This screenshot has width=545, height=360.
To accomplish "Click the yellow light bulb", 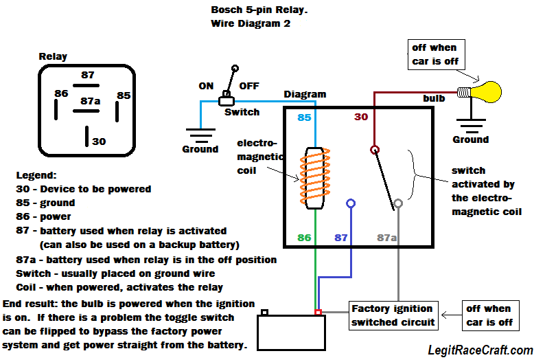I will [x=486, y=91].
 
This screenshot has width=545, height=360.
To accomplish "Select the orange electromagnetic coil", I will [x=314, y=177].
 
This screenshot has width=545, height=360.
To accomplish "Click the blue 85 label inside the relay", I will [x=305, y=118].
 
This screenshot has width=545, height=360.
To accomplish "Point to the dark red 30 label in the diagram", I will [x=361, y=117].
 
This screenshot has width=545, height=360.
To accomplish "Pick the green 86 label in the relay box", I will [x=305, y=238].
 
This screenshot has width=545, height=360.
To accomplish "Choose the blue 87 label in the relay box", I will [x=341, y=238].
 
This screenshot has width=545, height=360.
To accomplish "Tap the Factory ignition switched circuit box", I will [x=392, y=315].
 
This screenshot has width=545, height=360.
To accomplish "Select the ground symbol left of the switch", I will [x=200, y=135].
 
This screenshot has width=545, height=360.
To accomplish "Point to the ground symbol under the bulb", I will [x=470, y=126].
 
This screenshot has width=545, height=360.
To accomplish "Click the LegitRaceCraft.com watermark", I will [x=480, y=350].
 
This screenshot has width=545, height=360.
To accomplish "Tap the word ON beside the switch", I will [x=206, y=86].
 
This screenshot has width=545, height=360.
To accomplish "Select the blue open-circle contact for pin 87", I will [x=351, y=204].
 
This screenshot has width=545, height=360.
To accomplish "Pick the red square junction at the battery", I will [x=318, y=313].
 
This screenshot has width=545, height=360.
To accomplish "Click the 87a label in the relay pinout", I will [x=91, y=102].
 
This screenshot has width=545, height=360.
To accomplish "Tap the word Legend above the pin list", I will [x=36, y=176].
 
